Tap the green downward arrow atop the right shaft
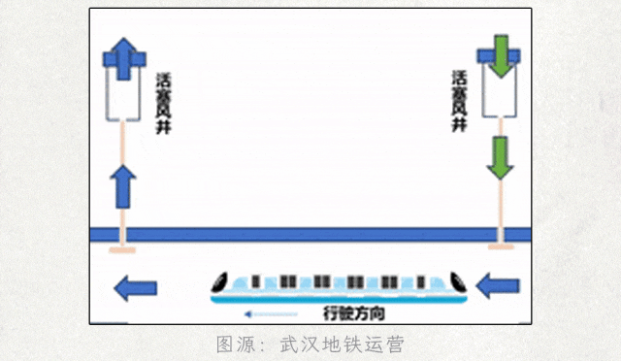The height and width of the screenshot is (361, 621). [500, 57]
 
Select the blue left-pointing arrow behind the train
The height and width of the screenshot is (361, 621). [498, 285]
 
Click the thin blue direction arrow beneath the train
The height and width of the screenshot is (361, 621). [272, 313]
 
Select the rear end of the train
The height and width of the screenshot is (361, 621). [462, 283]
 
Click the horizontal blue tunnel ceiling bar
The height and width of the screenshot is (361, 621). [310, 234]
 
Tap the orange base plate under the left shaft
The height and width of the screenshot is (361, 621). [123, 250]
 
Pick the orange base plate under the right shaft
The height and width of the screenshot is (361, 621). [500, 248]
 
